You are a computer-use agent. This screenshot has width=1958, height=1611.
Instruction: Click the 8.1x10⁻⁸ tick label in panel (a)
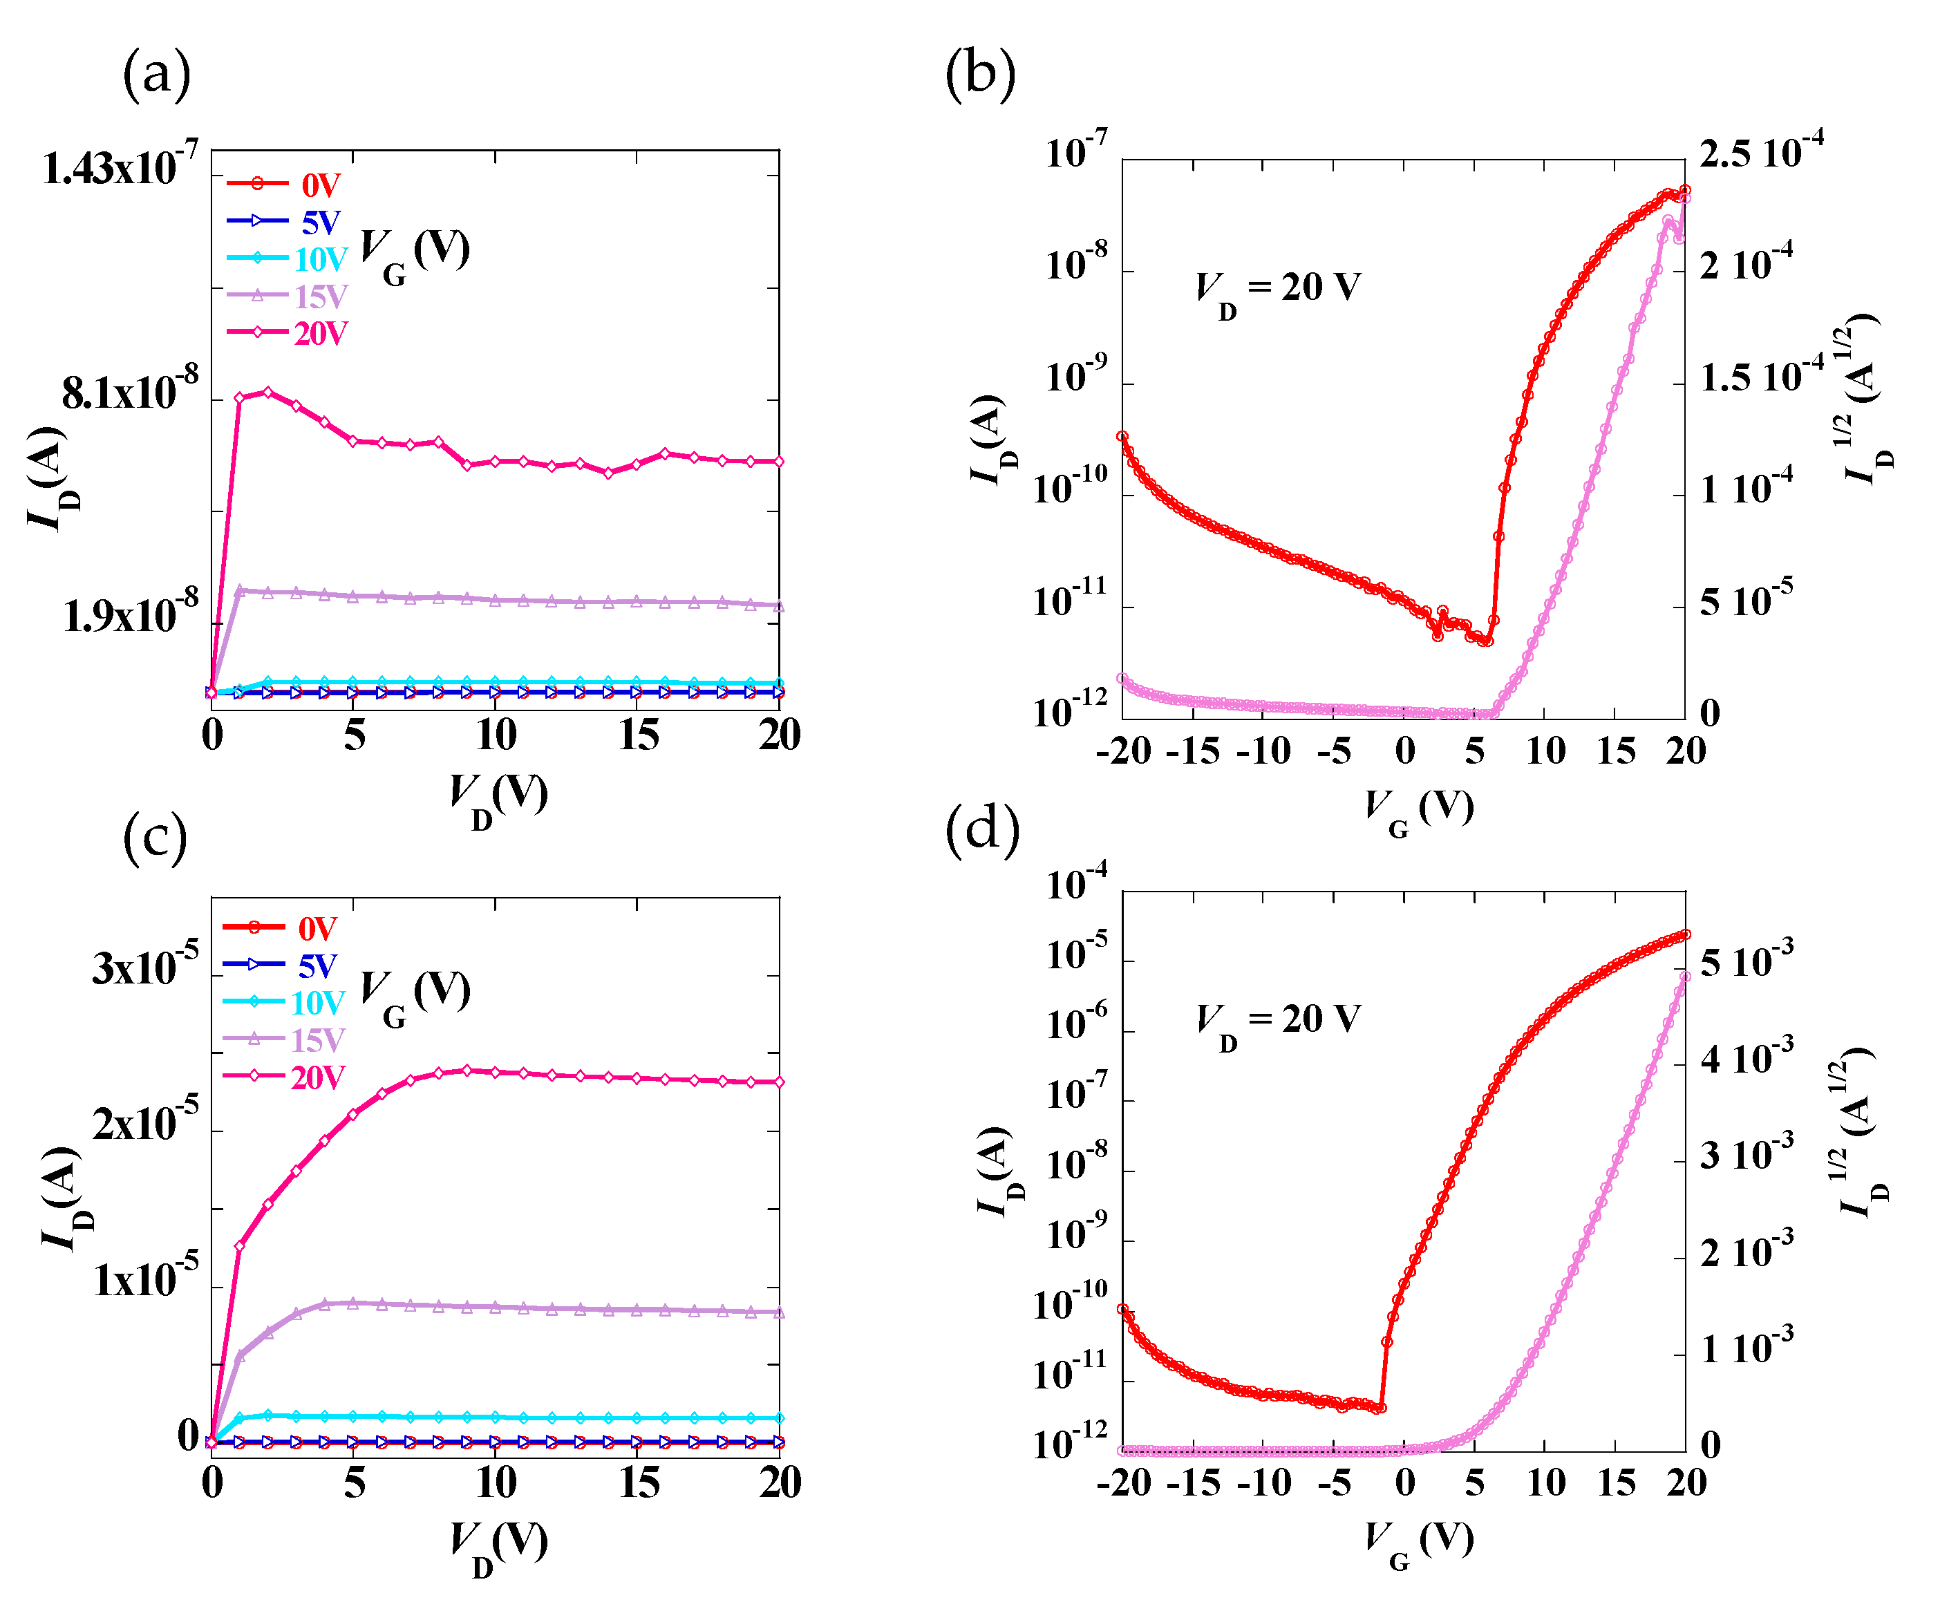tap(130, 392)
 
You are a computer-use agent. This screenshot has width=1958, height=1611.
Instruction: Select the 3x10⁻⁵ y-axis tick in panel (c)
tap(144, 967)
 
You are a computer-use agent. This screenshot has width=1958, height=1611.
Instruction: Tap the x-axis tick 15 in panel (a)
tap(639, 736)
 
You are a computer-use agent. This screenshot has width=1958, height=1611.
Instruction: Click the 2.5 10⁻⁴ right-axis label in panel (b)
tap(1760, 151)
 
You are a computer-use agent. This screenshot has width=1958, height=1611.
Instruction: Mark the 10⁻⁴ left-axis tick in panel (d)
tap(1076, 883)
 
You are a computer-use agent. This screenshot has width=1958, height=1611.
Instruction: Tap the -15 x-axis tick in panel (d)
tap(1192, 1483)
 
